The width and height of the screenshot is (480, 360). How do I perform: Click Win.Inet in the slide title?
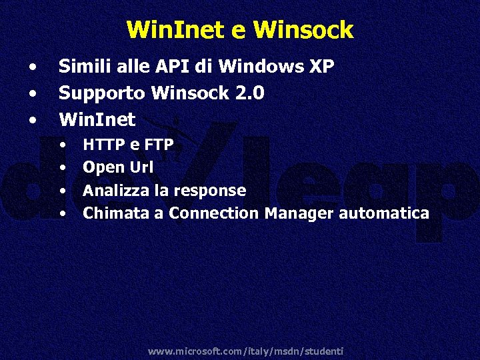click(x=171, y=30)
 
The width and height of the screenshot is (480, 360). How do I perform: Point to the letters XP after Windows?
click(x=321, y=67)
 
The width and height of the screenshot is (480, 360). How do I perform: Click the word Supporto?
click(x=103, y=93)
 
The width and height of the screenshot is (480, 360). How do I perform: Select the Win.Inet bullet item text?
click(x=97, y=120)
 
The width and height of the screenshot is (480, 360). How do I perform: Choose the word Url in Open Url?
click(x=141, y=167)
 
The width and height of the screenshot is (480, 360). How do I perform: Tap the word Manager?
click(x=299, y=213)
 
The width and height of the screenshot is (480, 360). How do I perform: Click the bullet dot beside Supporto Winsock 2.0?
click(x=33, y=94)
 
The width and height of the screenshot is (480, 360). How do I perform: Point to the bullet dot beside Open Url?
click(x=63, y=168)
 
